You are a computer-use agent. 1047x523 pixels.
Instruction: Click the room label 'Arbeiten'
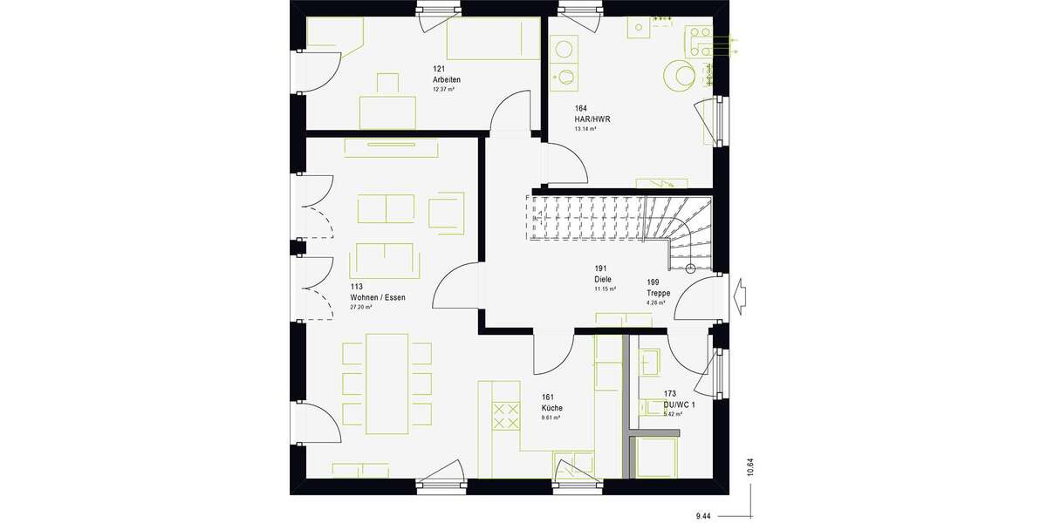tap(447, 79)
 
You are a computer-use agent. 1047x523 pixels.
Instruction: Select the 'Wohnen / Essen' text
tap(377, 297)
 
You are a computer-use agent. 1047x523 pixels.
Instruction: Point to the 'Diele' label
tap(603, 279)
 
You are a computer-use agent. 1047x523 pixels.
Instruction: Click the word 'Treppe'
tap(659, 294)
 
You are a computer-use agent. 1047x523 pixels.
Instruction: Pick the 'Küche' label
tap(551, 408)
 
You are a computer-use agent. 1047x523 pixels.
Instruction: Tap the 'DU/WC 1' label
tap(681, 404)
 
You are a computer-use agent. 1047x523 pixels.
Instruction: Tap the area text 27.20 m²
tap(360, 308)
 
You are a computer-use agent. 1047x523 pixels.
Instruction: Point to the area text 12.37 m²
tap(445, 90)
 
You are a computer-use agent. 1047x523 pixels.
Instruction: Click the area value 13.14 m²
tap(585, 129)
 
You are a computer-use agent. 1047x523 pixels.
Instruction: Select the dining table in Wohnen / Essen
tap(387, 383)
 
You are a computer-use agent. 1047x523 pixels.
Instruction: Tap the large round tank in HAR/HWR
tap(678, 75)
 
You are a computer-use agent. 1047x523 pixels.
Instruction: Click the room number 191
tap(601, 268)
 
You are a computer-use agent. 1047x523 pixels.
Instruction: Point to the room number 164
tap(580, 108)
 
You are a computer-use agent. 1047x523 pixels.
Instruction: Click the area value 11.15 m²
tap(606, 289)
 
